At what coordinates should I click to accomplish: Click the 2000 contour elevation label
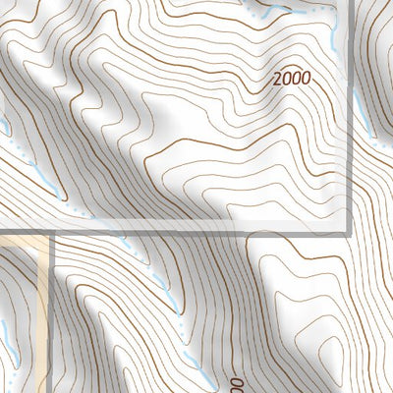click(292, 77)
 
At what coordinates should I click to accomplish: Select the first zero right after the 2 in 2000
click(288, 77)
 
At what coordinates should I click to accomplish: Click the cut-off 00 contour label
click(236, 380)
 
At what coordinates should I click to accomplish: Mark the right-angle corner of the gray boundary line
click(351, 232)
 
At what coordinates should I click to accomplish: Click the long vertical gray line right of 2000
click(351, 118)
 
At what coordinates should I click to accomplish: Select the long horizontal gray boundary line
click(196, 233)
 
